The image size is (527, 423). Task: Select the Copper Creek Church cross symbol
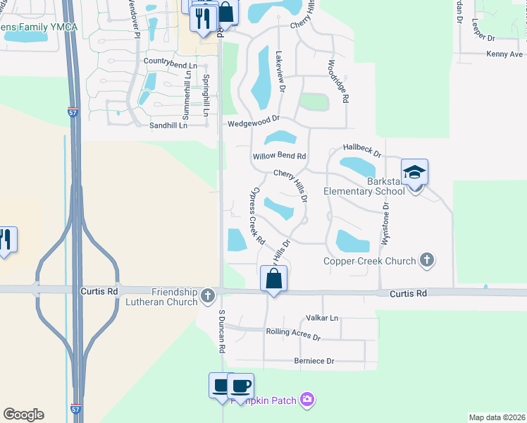pos(426,261)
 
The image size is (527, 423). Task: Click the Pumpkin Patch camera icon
pos(306,400)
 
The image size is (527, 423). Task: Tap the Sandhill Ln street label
pos(168,125)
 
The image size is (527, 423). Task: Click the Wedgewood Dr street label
pos(254,123)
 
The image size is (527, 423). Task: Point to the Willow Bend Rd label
pos(280,156)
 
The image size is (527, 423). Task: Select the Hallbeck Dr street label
pos(361,149)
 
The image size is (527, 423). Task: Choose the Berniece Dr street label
pos(314,361)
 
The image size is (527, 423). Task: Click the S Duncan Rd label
pos(221,331)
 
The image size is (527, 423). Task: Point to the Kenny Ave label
pos(504,54)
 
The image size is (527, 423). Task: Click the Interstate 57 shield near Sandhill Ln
pos(73,111)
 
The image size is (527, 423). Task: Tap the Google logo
pos(23,415)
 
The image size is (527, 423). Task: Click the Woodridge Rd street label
pos(337,81)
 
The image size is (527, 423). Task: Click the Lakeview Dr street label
pos(280,73)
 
